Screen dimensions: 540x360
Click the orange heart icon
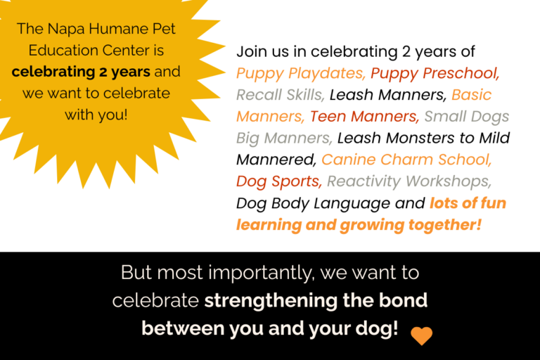(422, 335)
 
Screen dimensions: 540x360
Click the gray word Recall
(260, 95)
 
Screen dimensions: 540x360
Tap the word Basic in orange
(472, 95)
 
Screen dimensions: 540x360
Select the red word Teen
(328, 117)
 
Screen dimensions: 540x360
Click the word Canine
(349, 160)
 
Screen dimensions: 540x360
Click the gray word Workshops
(449, 182)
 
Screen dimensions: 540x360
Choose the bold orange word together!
(445, 225)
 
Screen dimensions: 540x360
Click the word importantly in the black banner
(262, 274)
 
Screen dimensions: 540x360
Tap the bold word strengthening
(271, 301)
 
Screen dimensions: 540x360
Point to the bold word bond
(404, 300)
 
